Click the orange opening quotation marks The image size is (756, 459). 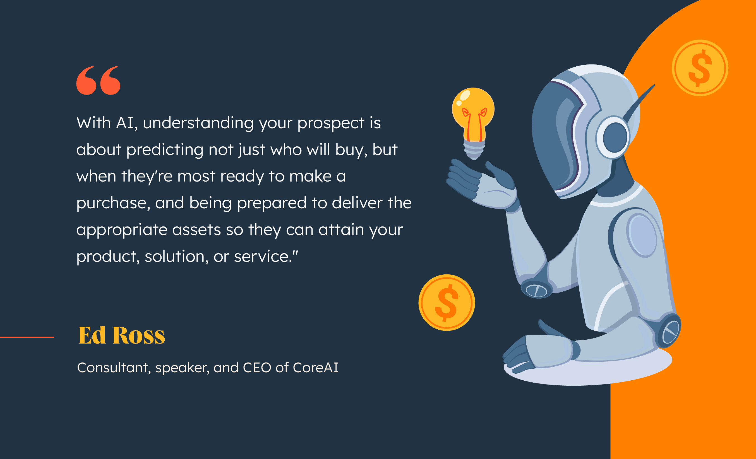(98, 80)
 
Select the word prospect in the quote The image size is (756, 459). (331, 124)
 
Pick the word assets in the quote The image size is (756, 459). (196, 230)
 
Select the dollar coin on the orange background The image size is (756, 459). (700, 68)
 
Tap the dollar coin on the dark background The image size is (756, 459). (447, 303)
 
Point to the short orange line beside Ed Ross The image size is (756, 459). (27, 337)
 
